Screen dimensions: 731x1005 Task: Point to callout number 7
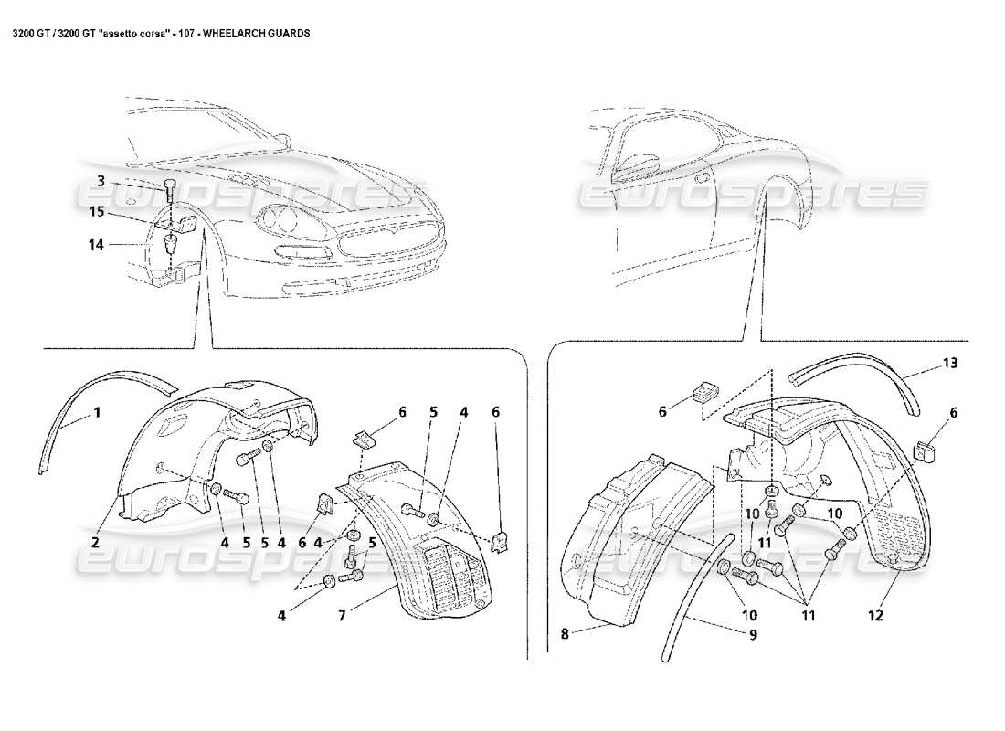pyautogui.click(x=341, y=615)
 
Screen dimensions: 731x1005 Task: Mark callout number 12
pyautogui.click(x=875, y=615)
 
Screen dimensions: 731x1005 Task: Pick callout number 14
pyautogui.click(x=97, y=244)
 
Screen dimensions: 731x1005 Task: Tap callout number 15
pyautogui.click(x=97, y=212)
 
